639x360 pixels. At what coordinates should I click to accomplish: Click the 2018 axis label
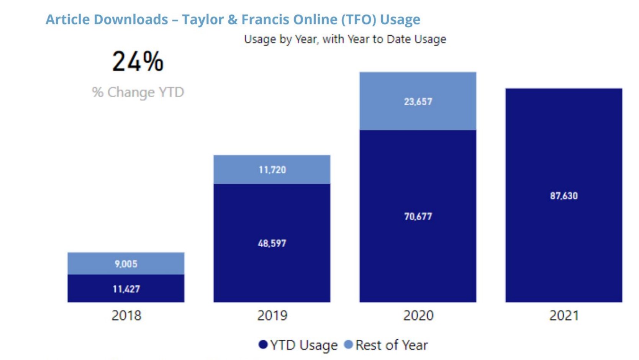click(x=126, y=316)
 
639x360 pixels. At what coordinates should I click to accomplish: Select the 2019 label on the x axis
click(x=272, y=316)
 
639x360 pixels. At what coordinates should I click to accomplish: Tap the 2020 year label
click(x=418, y=316)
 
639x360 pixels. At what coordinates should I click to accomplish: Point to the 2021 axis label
click(x=564, y=316)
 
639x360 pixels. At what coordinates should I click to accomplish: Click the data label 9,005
click(x=126, y=264)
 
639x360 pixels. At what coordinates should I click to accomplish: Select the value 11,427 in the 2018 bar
click(x=126, y=289)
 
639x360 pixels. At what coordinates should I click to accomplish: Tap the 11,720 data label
click(x=272, y=170)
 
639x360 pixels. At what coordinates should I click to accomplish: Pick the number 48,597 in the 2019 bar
click(x=272, y=243)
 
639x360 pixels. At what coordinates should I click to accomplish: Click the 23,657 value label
click(x=418, y=101)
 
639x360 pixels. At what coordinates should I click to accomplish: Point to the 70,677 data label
click(x=418, y=216)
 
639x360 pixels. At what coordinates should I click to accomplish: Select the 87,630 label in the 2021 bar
click(x=564, y=196)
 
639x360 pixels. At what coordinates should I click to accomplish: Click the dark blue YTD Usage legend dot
click(x=263, y=345)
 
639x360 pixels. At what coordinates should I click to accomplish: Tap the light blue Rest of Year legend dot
click(x=348, y=345)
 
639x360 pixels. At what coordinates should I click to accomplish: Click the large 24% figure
click(x=138, y=61)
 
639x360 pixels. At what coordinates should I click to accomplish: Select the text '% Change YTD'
click(x=138, y=92)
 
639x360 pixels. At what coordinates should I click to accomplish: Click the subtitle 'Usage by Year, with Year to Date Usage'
click(x=345, y=39)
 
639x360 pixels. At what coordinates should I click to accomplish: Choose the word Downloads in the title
click(x=131, y=20)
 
